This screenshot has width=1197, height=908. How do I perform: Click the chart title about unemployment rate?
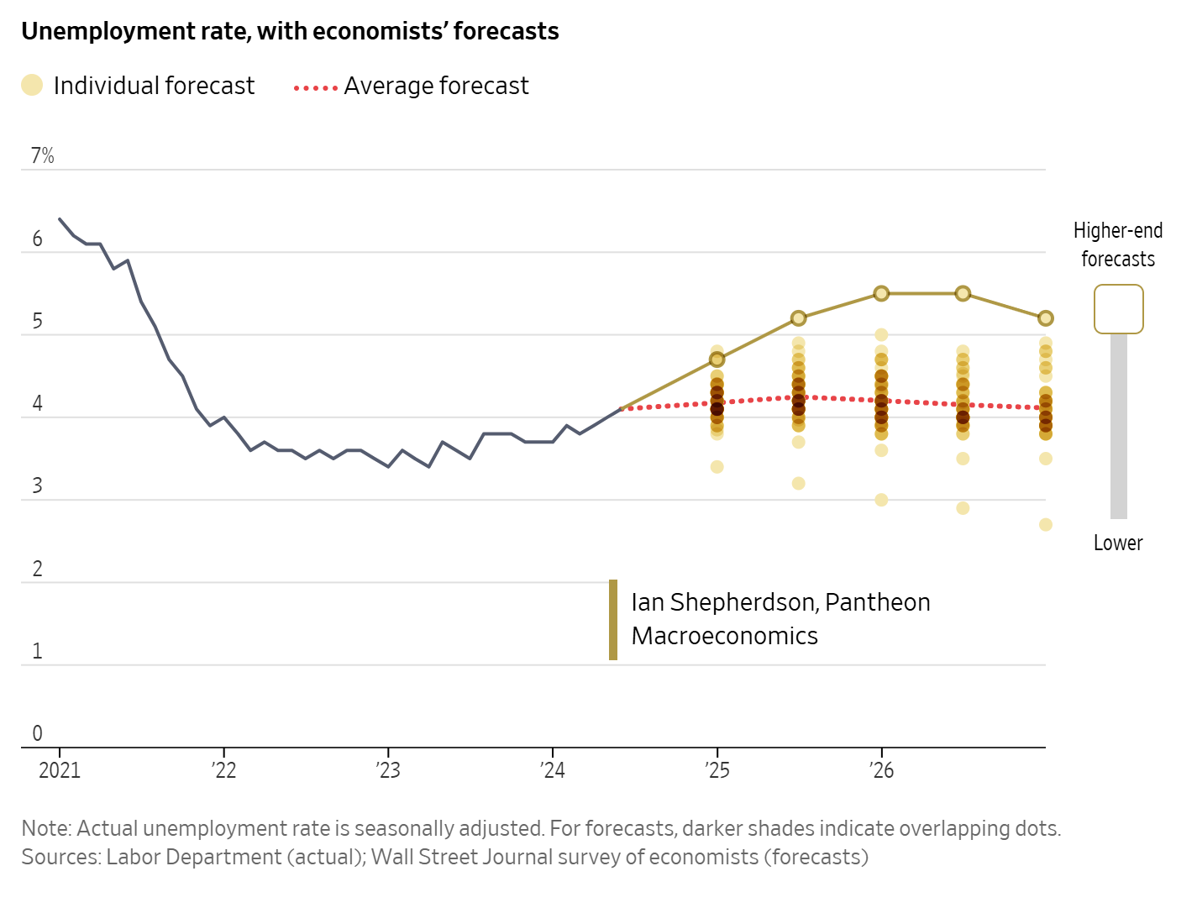(290, 31)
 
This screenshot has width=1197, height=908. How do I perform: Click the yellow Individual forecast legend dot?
(32, 85)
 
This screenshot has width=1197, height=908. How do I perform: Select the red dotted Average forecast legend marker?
(316, 87)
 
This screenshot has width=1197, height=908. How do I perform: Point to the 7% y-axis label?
(42, 155)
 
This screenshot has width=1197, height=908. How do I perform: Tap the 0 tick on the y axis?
(37, 733)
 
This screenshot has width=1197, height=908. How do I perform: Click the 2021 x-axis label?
(60, 770)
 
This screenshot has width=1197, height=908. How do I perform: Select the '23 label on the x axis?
(388, 770)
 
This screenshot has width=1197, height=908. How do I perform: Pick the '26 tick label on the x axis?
(881, 770)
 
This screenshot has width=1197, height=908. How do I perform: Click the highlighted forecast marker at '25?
(717, 360)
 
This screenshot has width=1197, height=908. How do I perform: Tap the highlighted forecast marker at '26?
(881, 293)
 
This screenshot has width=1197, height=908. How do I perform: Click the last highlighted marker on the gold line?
(1046, 318)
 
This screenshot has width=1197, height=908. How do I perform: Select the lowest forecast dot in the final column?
(1046, 524)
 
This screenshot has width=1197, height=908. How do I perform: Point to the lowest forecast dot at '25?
(717, 467)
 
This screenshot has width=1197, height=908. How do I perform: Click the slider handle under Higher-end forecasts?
(1118, 309)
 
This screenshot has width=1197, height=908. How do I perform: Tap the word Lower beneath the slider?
(1118, 543)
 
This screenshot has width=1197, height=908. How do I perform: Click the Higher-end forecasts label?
(1118, 244)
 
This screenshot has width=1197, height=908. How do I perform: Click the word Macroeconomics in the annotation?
(724, 636)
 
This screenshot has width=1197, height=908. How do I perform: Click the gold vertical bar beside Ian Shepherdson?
(613, 620)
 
